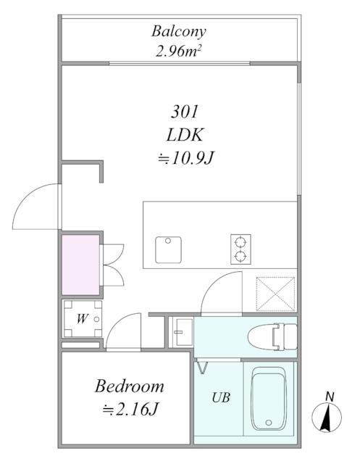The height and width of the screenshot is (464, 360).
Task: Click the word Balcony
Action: (x=179, y=31)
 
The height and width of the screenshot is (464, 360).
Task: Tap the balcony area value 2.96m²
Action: (x=179, y=51)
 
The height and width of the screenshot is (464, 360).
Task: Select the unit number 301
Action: (x=185, y=112)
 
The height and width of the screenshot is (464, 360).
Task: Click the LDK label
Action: (x=185, y=135)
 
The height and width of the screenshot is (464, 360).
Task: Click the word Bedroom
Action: (x=130, y=386)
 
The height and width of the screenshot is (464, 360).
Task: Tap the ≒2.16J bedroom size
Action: (x=130, y=410)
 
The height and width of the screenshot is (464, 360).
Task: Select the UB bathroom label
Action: (x=221, y=398)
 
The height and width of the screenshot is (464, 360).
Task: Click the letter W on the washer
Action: (x=82, y=318)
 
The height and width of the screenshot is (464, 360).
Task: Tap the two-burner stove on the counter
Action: (x=240, y=248)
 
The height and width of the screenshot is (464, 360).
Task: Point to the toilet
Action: (x=272, y=337)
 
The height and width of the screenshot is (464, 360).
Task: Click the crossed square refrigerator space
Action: (x=275, y=294)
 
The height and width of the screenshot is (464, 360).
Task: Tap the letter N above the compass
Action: (x=330, y=397)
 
